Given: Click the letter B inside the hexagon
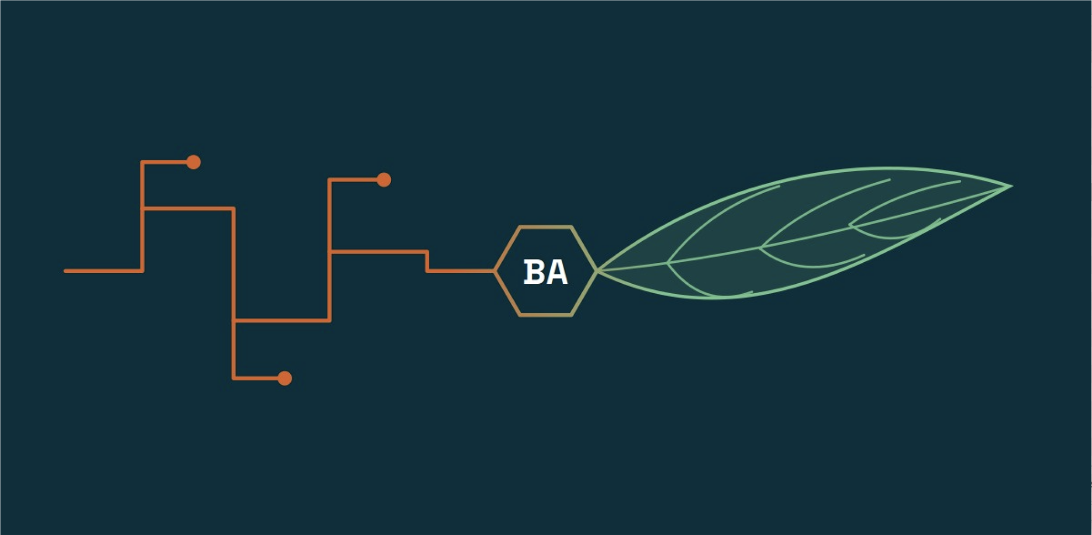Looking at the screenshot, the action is (x=533, y=272).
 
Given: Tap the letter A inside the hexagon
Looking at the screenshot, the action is (x=556, y=272).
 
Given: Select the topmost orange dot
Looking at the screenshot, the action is (x=193, y=162).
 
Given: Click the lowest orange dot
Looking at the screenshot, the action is (x=285, y=378).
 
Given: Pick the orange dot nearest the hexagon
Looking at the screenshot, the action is (x=384, y=180).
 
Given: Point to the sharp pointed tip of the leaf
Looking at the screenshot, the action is (x=1011, y=187).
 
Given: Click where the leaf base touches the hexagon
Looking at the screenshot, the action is (x=597, y=271).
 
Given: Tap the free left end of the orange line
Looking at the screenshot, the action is (x=66, y=271).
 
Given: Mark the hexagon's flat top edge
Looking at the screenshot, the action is (x=545, y=226).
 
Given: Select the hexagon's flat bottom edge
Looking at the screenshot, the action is (x=545, y=315).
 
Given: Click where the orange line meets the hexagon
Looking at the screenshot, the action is (x=494, y=271).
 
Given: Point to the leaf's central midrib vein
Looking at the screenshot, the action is (x=804, y=237).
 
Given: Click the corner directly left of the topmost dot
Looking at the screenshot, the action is (x=142, y=162).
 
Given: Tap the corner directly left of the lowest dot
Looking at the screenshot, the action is (x=234, y=378).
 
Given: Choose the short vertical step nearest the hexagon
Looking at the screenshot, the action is (x=427, y=262).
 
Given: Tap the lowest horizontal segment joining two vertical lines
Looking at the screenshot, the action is (x=281, y=320).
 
